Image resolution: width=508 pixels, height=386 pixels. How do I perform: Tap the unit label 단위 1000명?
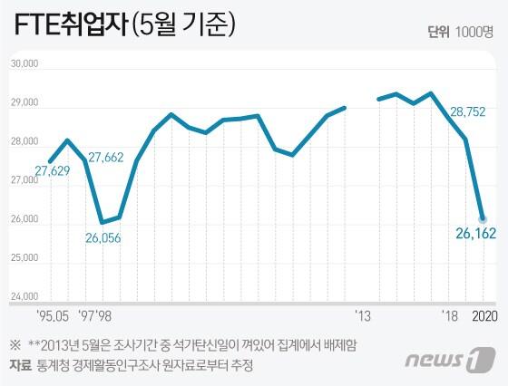click(x=466, y=33)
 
